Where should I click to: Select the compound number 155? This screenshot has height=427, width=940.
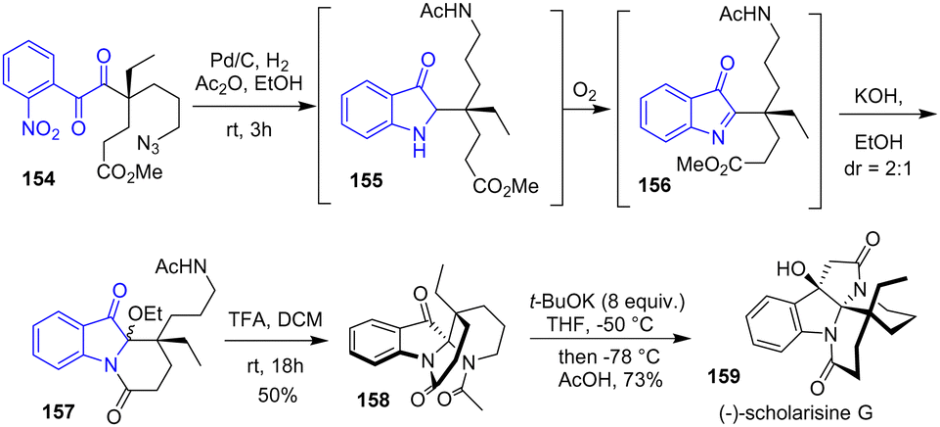coord(361,182)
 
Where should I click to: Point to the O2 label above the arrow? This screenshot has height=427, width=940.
coord(585,94)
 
